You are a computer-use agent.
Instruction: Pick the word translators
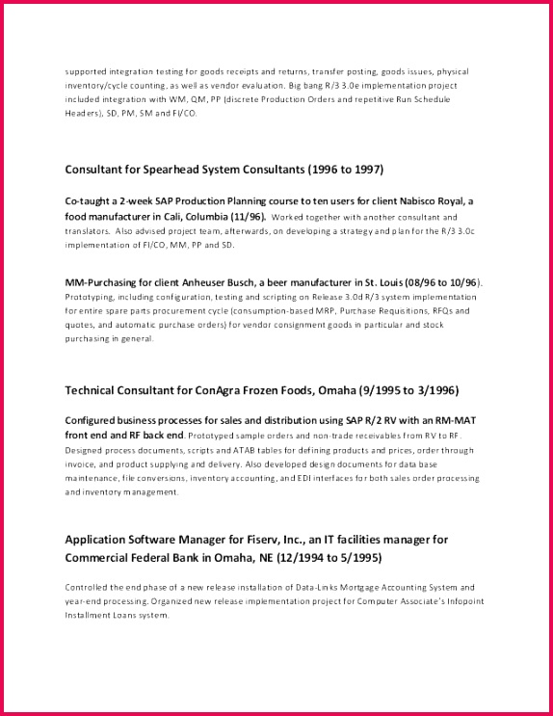tap(87, 231)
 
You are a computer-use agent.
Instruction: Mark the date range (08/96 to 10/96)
tap(434, 281)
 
